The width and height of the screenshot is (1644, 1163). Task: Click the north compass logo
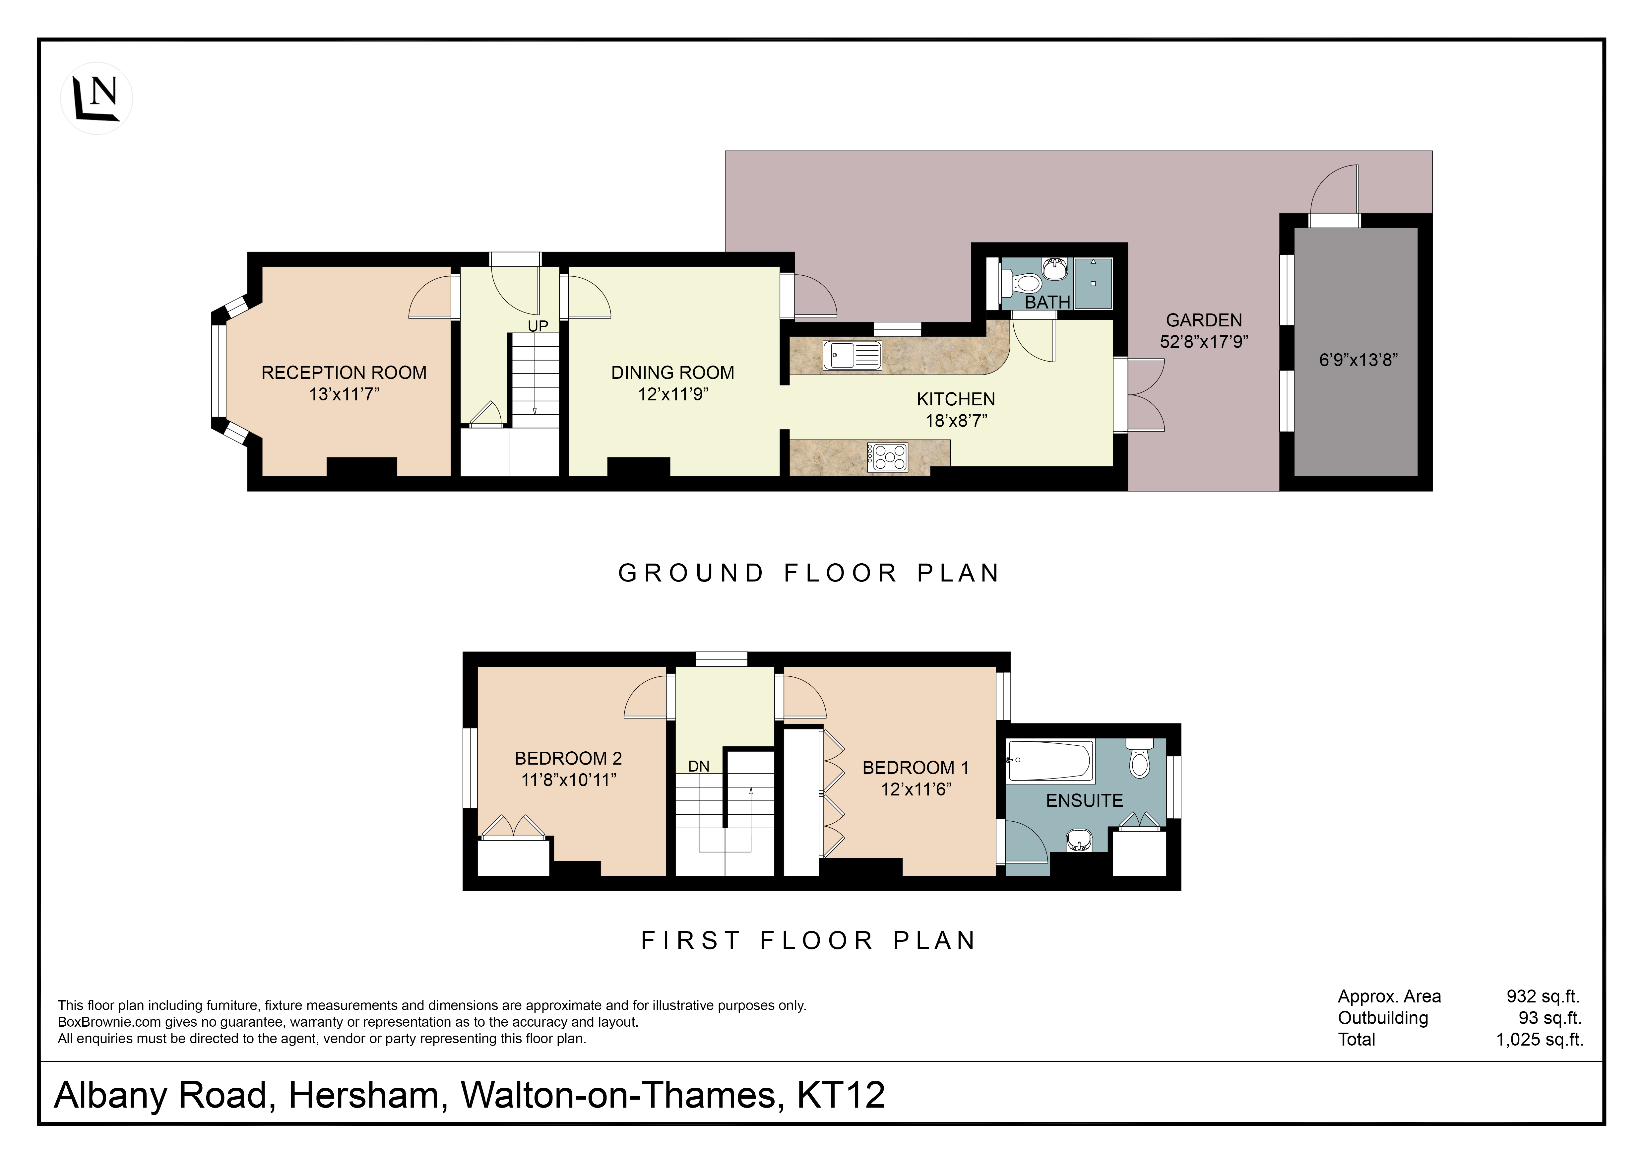click(97, 98)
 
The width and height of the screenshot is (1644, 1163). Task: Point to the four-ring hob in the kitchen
click(888, 457)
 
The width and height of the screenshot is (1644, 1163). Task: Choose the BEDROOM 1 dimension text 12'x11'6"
click(916, 789)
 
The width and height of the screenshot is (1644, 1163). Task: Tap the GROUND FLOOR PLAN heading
click(809, 573)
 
